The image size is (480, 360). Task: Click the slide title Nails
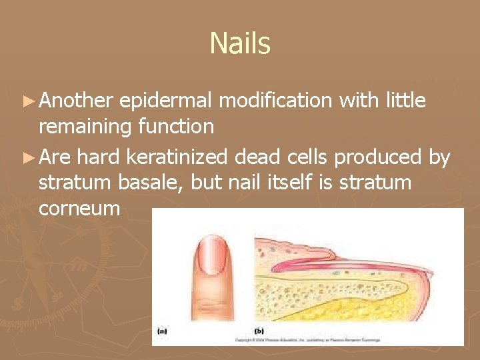tap(240, 44)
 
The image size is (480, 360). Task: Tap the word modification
tap(275, 101)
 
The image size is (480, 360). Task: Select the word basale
tap(147, 182)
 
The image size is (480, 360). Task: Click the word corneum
tap(79, 208)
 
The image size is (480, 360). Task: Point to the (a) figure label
tap(163, 331)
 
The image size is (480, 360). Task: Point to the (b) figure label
tap(259, 331)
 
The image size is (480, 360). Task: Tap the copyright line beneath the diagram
tap(347, 340)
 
